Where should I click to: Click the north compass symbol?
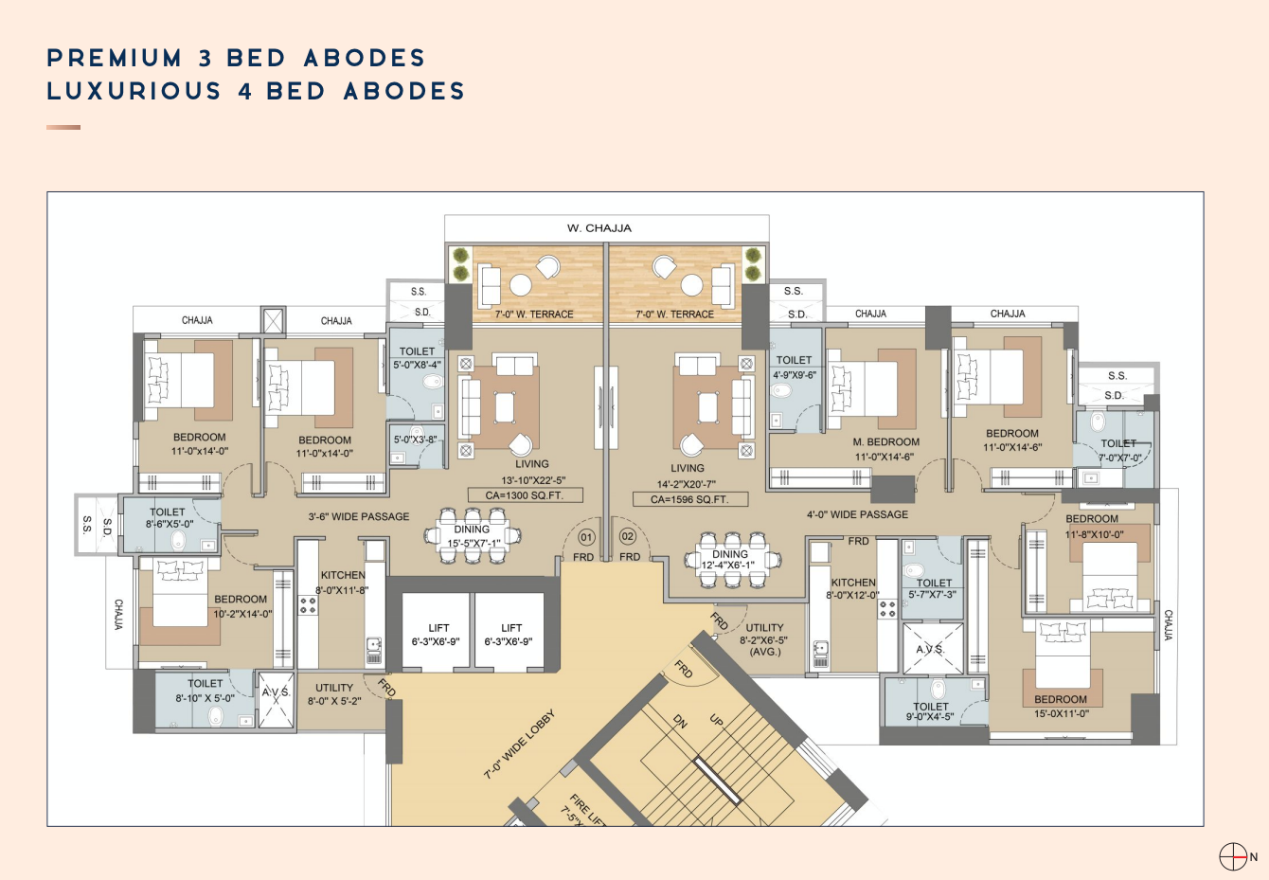[x=1233, y=856]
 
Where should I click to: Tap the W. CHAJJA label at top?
[x=599, y=228]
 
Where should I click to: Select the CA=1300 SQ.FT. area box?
[x=525, y=495]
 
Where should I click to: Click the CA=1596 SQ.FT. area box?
[x=689, y=499]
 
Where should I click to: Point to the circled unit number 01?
[x=586, y=537]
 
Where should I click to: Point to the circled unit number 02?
[x=627, y=537]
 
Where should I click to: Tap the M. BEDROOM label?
[x=886, y=442]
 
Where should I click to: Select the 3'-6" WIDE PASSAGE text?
[x=359, y=517]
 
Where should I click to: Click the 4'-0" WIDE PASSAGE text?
[x=857, y=515]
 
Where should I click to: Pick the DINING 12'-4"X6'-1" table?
[x=730, y=560]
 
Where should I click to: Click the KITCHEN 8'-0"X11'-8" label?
[x=343, y=582]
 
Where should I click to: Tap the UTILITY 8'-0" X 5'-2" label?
[x=334, y=694]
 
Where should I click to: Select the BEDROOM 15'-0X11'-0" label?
[x=1061, y=707]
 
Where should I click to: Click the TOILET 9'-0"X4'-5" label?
[x=930, y=711]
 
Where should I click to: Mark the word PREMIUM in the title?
[x=115, y=58]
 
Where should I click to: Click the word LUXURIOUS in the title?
[x=134, y=91]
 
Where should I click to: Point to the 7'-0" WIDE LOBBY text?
[x=519, y=745]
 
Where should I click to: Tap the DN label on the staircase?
[x=680, y=722]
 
